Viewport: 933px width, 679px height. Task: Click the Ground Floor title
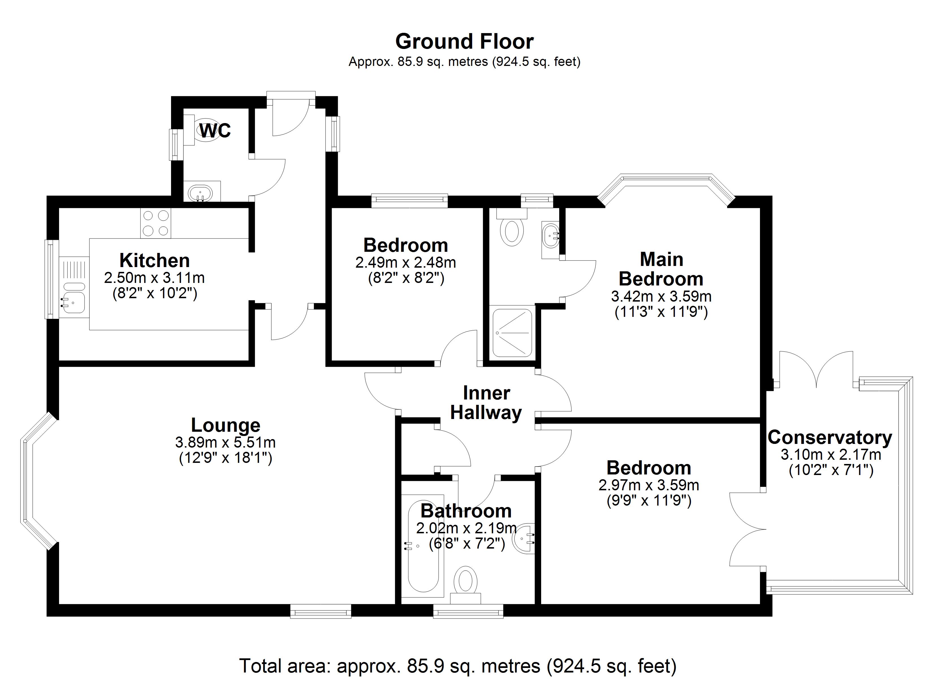coord(465,42)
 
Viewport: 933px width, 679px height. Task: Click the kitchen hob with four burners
coord(155,223)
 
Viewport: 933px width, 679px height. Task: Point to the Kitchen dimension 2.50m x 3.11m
coord(154,278)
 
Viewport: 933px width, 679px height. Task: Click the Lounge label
coord(225,425)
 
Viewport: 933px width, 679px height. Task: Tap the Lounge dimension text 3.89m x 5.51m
coord(225,443)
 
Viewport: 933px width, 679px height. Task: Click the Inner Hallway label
coord(486,403)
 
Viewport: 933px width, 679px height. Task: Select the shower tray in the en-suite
coord(513,333)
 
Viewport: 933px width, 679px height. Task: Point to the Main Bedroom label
coord(661,269)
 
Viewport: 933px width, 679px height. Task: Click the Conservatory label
coord(830,437)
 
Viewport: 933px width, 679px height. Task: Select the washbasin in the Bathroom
coord(526,538)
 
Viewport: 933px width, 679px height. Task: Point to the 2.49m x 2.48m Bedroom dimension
coord(406,262)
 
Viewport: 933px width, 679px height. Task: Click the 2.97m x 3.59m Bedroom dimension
coord(649,485)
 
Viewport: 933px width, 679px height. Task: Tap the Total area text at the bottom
coord(458,665)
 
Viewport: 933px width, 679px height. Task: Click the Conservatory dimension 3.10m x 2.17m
coord(831,455)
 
